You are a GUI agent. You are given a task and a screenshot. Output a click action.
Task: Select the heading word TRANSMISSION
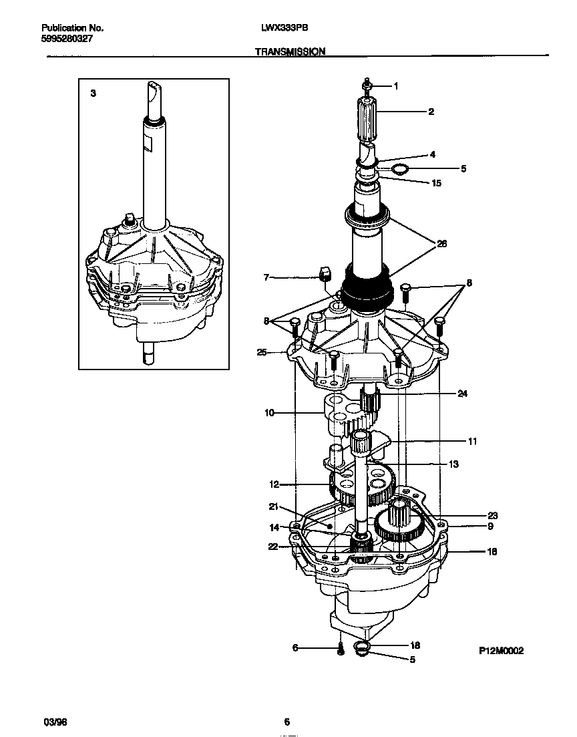click(290, 51)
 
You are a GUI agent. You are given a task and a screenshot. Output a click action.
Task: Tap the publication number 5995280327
click(67, 39)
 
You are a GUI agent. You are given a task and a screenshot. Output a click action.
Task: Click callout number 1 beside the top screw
click(395, 86)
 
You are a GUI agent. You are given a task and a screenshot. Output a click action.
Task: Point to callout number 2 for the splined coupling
click(431, 112)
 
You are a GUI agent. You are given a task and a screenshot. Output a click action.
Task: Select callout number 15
click(436, 183)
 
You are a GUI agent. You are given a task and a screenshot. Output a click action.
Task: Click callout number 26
click(441, 244)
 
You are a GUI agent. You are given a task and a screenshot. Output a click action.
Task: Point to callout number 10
click(269, 413)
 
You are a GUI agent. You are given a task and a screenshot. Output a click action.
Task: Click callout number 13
click(453, 464)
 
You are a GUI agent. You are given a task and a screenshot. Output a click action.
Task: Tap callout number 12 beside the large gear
click(274, 484)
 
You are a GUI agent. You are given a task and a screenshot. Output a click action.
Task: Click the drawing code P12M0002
click(501, 649)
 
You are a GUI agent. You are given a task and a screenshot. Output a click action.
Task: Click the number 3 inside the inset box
click(93, 94)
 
